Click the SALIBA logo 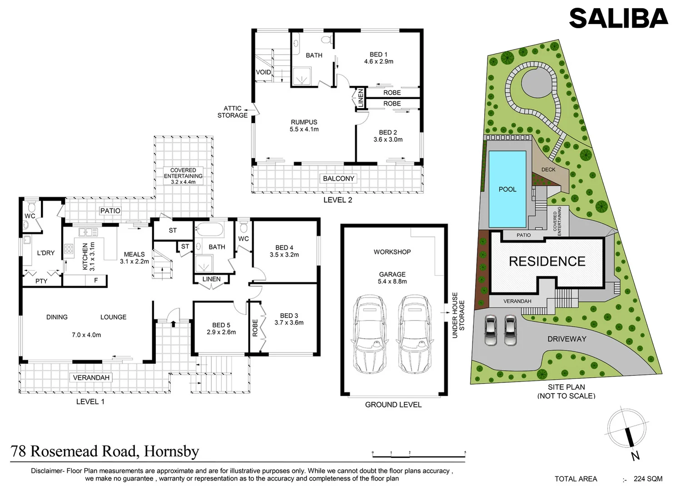click(618, 18)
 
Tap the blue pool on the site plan click(507, 189)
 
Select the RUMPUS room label click(304, 122)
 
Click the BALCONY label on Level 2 click(338, 179)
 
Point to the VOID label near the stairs click(263, 72)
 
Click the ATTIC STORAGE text click(232, 112)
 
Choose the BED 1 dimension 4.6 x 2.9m click(378, 61)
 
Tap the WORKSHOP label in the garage click(392, 252)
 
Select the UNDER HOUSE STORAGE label click(458, 315)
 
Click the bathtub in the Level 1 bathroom click(209, 229)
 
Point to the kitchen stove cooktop click(69, 249)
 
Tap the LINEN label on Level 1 click(211, 279)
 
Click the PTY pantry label click(41, 281)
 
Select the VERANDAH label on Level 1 click(91, 377)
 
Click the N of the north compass click(635, 456)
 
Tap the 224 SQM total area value click(648, 479)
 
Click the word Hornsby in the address click(171, 451)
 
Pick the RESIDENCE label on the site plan click(547, 261)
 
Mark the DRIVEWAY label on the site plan click(567, 339)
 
